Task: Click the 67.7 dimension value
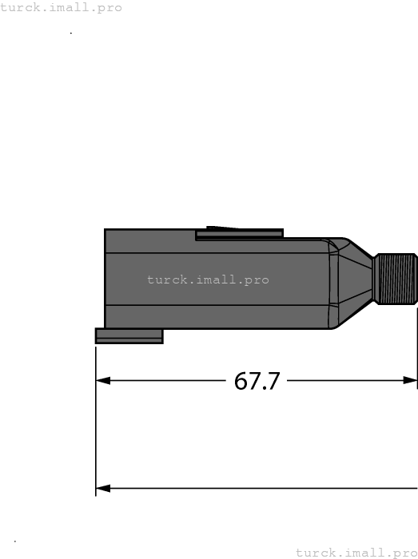coord(257,381)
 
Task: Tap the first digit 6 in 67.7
coord(241,381)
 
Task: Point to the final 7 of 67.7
coord(273,381)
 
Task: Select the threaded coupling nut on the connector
coord(396,279)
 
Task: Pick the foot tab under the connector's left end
coord(129,336)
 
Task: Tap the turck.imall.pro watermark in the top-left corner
coord(62,8)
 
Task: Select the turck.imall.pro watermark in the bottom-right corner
coord(356,552)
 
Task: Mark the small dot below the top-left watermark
coord(71,34)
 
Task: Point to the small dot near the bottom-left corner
coord(15,541)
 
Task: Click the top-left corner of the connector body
coord(105,231)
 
